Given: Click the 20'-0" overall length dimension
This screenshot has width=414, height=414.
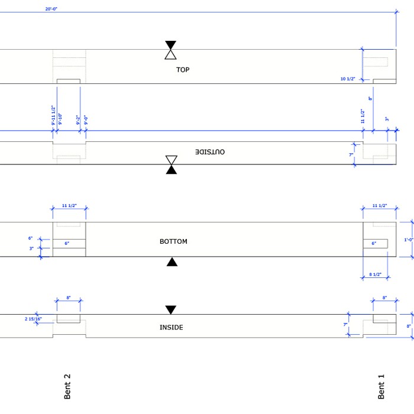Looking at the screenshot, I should point(52,9).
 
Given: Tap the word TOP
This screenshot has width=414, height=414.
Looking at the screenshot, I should point(183,70).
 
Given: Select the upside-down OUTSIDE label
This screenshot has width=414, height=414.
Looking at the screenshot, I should point(210,152).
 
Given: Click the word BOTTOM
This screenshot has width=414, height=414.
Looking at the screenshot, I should point(173,241).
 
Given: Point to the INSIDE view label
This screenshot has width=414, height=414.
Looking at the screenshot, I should point(172,327).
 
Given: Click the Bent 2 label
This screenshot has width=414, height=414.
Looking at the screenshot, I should point(67,386).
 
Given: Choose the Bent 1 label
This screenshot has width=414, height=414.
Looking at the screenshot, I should point(381,386).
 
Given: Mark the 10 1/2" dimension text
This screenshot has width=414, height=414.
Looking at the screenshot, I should point(348,79).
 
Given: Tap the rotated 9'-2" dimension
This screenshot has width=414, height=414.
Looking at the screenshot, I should point(77,120).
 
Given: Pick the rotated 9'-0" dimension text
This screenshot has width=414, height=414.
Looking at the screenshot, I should point(85,120).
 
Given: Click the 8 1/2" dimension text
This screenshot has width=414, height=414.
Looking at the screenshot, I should point(374,274).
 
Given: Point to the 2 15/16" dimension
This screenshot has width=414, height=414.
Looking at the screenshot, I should point(33,319).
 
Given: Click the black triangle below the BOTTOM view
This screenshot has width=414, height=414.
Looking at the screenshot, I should point(172,262).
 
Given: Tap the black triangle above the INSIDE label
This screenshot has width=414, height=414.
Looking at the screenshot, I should point(171,309).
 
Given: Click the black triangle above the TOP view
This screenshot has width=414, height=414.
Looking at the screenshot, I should point(170,45).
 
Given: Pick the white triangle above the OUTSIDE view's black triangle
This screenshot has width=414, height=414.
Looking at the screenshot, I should point(171,160).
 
